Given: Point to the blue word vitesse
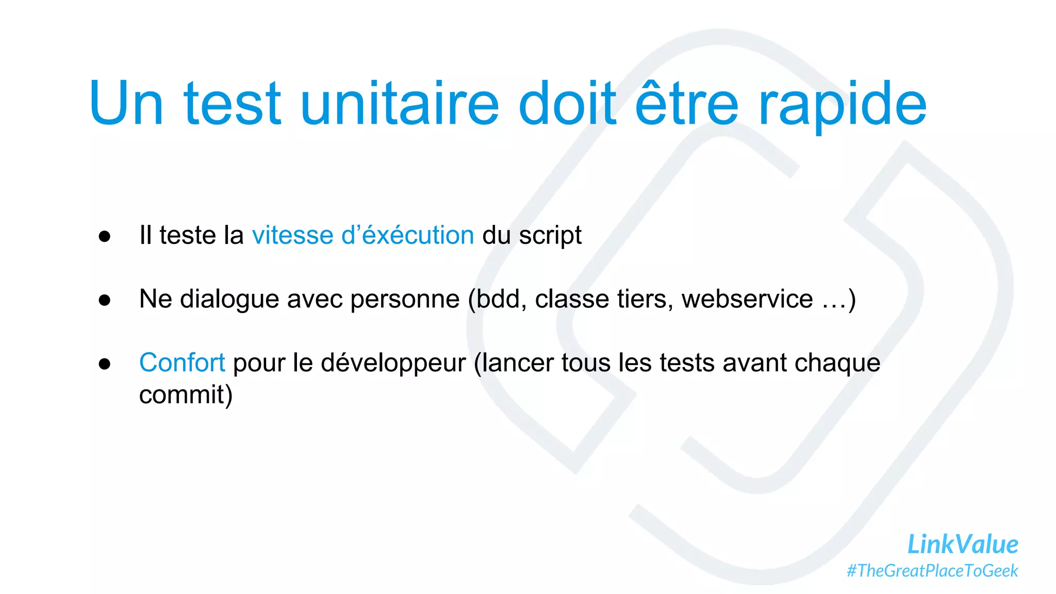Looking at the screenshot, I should [292, 236].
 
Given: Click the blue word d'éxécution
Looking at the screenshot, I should [407, 236].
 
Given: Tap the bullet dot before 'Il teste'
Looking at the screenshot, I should [105, 237].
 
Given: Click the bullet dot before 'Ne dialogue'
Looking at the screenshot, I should [105, 300].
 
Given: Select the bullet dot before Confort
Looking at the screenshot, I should [105, 364].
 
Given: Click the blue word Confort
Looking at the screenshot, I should [182, 362].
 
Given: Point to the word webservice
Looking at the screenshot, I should [747, 300].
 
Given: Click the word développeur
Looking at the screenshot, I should [393, 364].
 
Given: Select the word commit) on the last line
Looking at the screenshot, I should [186, 395].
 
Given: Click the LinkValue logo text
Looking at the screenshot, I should [962, 544].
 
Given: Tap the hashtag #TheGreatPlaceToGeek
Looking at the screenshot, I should [932, 571].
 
